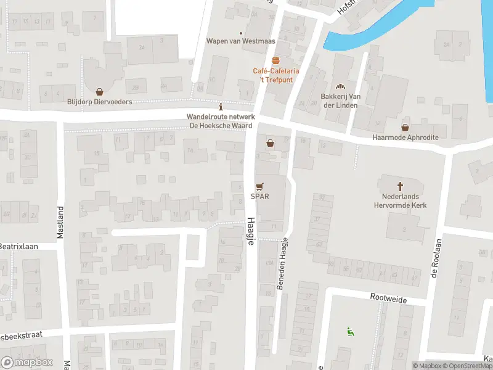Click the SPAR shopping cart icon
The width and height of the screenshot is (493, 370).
coord(259,186)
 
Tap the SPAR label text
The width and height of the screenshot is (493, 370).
coord(259,197)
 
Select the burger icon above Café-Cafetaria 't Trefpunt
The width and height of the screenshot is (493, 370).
coord(275,60)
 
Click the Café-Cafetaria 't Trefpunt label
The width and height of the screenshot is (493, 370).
coord(272,75)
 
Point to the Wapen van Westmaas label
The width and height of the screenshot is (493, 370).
coord(240,41)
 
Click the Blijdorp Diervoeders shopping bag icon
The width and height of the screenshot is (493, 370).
coord(99,91)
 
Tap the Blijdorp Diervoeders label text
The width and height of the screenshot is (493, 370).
coord(99,102)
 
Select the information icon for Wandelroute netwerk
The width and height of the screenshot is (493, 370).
coord(221,106)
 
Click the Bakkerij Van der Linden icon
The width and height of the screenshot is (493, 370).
coord(340,86)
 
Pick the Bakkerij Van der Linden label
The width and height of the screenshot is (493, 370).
coord(341,101)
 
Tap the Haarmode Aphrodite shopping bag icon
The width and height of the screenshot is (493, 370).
coord(405,127)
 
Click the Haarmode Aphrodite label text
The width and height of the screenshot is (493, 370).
coord(405,138)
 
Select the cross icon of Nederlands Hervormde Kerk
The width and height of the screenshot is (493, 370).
coord(400,186)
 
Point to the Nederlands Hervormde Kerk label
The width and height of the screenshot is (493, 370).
coord(400,201)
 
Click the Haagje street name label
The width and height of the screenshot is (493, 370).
coord(251,231)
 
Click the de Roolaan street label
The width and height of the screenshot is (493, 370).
coord(434,259)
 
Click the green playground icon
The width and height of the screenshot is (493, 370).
coord(350,332)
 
